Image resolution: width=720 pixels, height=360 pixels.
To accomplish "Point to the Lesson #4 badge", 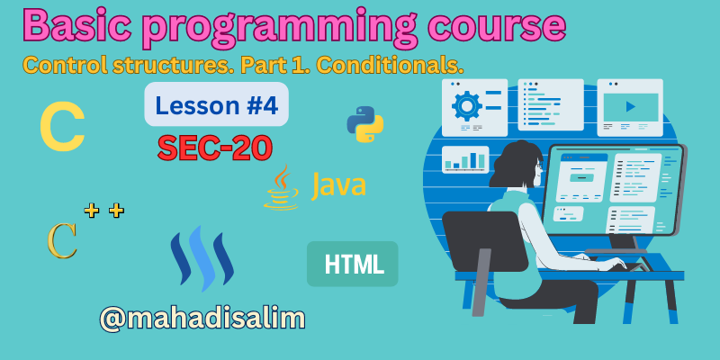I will (x=216, y=105).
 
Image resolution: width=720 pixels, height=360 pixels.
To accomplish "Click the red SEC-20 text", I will (x=215, y=147).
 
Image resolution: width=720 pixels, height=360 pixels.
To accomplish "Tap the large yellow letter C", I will (x=62, y=130).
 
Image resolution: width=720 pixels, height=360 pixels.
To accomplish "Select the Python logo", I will (x=365, y=124).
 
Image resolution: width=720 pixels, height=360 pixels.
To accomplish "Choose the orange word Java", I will (x=338, y=186).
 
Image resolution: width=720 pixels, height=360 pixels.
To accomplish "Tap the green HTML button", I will (x=353, y=264).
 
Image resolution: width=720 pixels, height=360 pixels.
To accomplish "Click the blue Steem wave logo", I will (x=202, y=259).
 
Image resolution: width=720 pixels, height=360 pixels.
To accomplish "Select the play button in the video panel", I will (x=630, y=106).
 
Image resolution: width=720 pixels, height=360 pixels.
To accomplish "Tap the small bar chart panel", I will (x=465, y=159).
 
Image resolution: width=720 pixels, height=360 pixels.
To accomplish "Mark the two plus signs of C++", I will (x=103, y=211).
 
